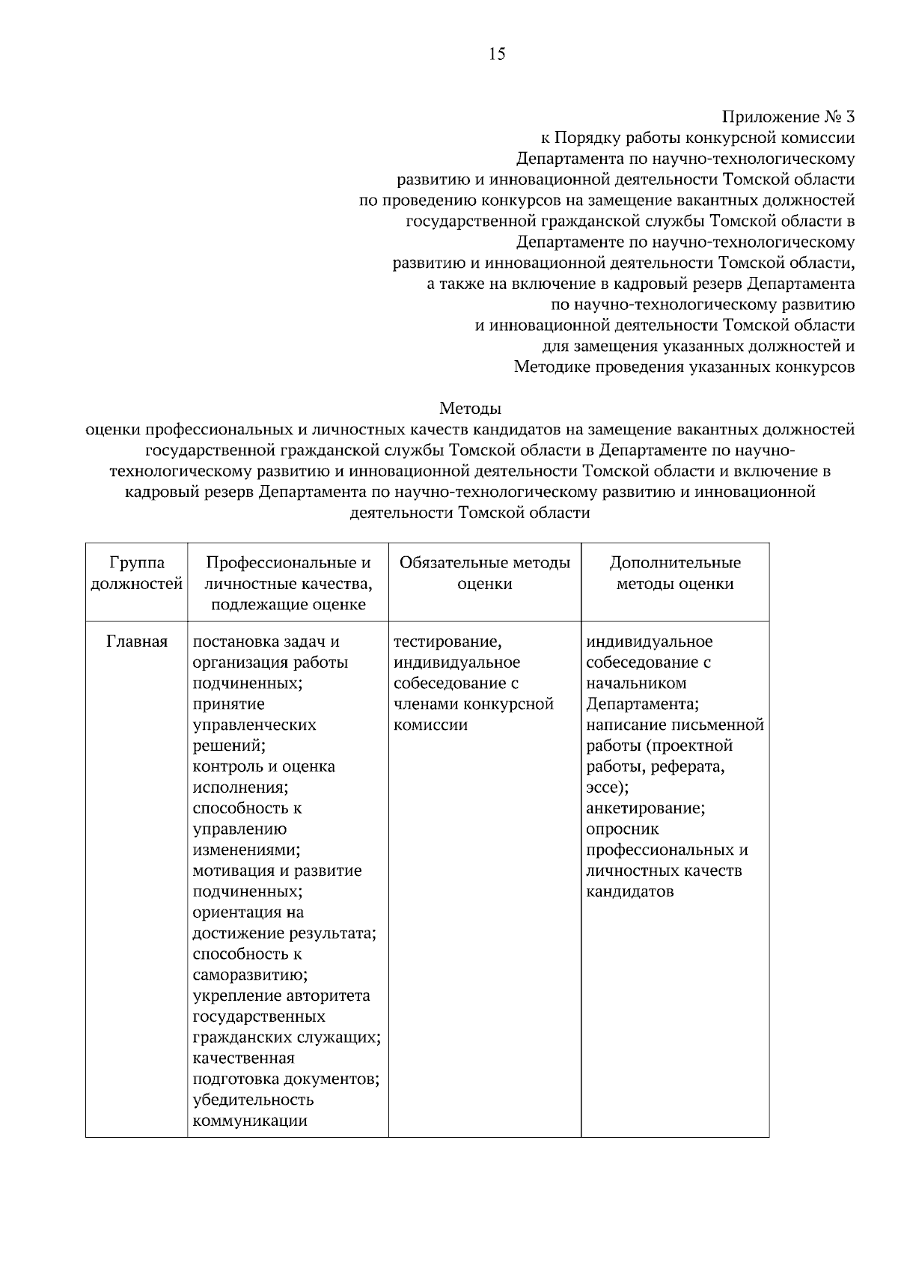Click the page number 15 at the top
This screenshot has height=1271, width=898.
pos(497,54)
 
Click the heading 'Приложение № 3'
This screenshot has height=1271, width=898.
pos(788,117)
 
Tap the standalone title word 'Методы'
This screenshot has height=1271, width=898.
pos(470,409)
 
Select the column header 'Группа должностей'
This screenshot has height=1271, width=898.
pos(136,573)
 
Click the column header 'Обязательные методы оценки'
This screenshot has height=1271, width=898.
pos(484,573)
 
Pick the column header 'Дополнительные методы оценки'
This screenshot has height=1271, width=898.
pos(674,573)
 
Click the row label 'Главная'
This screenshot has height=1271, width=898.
pos(136,641)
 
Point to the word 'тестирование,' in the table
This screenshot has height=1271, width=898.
pos(448,641)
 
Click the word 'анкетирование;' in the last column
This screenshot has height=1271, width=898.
pos(645,808)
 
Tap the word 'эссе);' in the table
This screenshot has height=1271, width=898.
pos(607,787)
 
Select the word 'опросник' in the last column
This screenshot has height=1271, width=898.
pos(623,829)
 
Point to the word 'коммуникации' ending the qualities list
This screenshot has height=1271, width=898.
pos(250,1121)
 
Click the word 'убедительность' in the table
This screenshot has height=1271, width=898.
pos(253,1100)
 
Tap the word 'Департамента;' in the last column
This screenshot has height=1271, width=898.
pos(642,704)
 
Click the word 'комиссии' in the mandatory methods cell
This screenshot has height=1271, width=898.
pos(430,725)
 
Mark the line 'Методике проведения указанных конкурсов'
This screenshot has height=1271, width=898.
pos(684,368)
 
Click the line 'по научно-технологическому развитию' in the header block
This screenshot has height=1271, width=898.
pos(702,305)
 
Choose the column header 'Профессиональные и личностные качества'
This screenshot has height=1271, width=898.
pos(288,583)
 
